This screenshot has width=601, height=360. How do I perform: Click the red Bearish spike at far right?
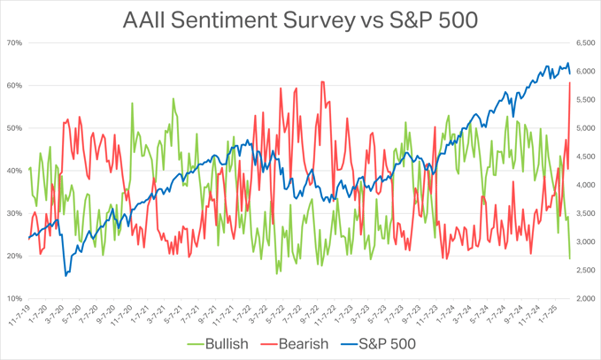569,83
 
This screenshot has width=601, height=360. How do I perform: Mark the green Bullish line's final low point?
570,258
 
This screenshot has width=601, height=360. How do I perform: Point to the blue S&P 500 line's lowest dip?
66,275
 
